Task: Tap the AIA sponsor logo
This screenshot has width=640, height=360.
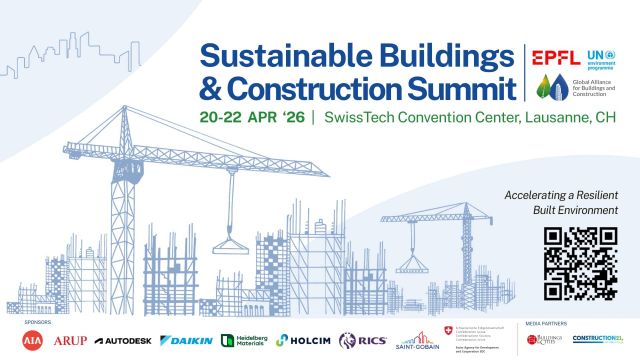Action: click(x=34, y=341)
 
